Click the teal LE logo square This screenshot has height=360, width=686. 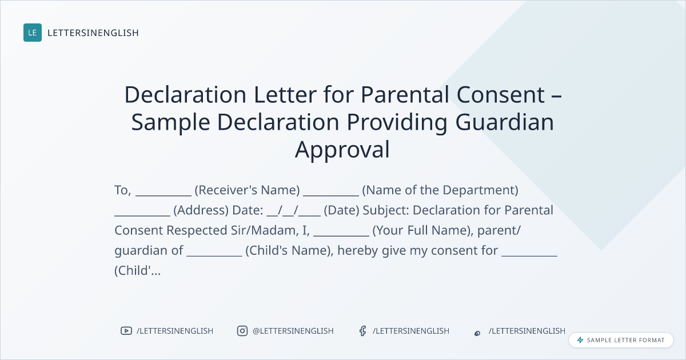[x=33, y=33]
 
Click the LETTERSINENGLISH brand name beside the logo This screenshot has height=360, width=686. [x=93, y=33]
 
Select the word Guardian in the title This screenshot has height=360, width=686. [x=504, y=122]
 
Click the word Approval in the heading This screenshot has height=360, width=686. [x=342, y=150]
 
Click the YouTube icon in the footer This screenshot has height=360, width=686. [x=126, y=331]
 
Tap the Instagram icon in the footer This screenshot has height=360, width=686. [x=242, y=331]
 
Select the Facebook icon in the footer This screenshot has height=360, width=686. [x=363, y=331]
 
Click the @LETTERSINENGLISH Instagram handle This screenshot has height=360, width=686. [x=293, y=331]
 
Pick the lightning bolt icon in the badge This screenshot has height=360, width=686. [x=580, y=340]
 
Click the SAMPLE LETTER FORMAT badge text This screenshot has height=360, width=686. [x=625, y=340]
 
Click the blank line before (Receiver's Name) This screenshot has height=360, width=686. [x=163, y=195]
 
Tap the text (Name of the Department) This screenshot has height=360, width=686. [x=440, y=190]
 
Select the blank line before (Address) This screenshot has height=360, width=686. [x=142, y=215]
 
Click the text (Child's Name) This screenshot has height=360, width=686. [x=289, y=251]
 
